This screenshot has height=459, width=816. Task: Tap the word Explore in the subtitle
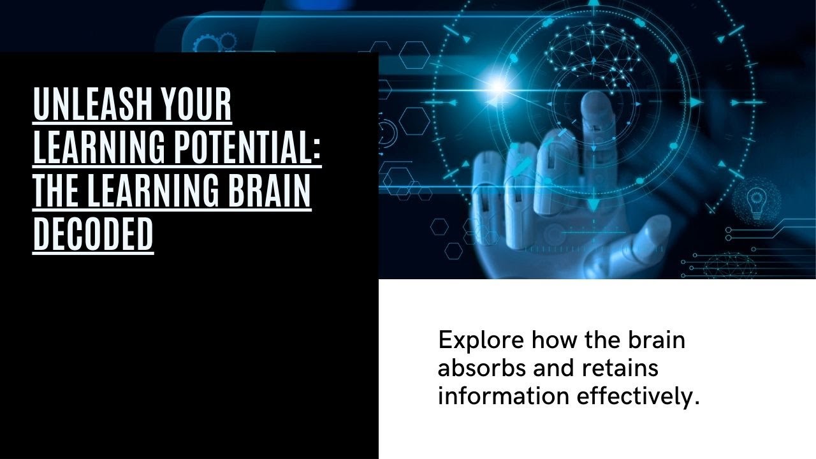pos(481,340)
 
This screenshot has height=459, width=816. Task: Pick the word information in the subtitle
pos(503,396)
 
